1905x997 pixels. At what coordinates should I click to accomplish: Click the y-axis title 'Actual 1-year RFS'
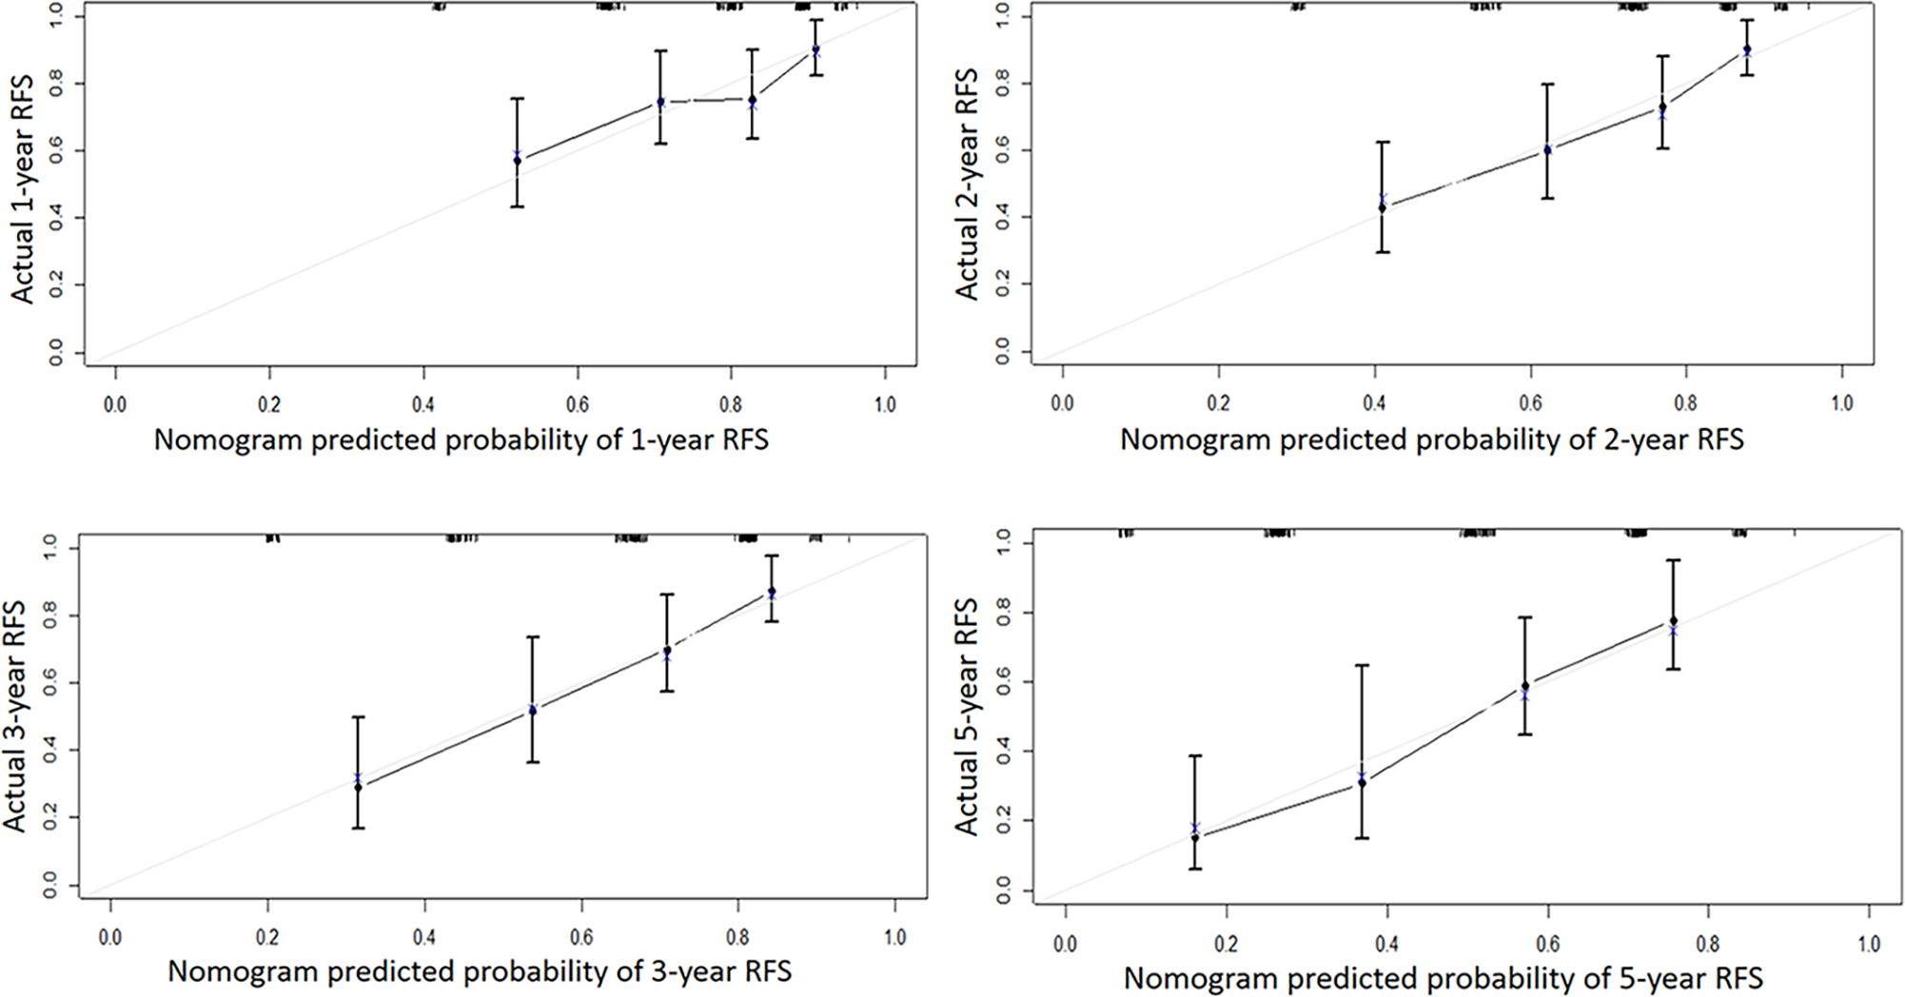pos(23,189)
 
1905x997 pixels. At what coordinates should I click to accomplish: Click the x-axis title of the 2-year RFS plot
pos(1431,440)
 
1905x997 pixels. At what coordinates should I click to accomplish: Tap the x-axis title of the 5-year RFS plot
pos(1443,978)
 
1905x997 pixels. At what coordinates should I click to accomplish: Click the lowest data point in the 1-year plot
pos(518,160)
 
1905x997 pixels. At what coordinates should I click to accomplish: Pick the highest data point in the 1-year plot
pos(815,49)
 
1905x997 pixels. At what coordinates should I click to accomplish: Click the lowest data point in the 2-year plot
pos(1383,207)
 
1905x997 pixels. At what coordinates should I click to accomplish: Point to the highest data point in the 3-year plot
pos(772,592)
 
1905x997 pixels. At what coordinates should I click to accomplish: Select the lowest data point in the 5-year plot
pos(1195,837)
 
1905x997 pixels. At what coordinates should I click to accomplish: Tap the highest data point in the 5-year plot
pos(1673,621)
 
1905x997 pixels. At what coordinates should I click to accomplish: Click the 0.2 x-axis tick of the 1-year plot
pos(269,404)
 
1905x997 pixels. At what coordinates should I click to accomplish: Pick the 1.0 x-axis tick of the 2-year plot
pos(1841,403)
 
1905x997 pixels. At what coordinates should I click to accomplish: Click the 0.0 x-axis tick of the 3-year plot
pos(110,937)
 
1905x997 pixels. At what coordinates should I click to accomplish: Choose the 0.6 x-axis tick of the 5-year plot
pos(1547,945)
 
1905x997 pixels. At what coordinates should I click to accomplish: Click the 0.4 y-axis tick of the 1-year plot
pos(55,218)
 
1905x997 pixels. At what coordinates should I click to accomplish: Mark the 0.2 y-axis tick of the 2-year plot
pos(1001,284)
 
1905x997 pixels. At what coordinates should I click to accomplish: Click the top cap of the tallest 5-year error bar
pos(1362,666)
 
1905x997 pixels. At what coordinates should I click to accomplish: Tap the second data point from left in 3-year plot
pos(532,710)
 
